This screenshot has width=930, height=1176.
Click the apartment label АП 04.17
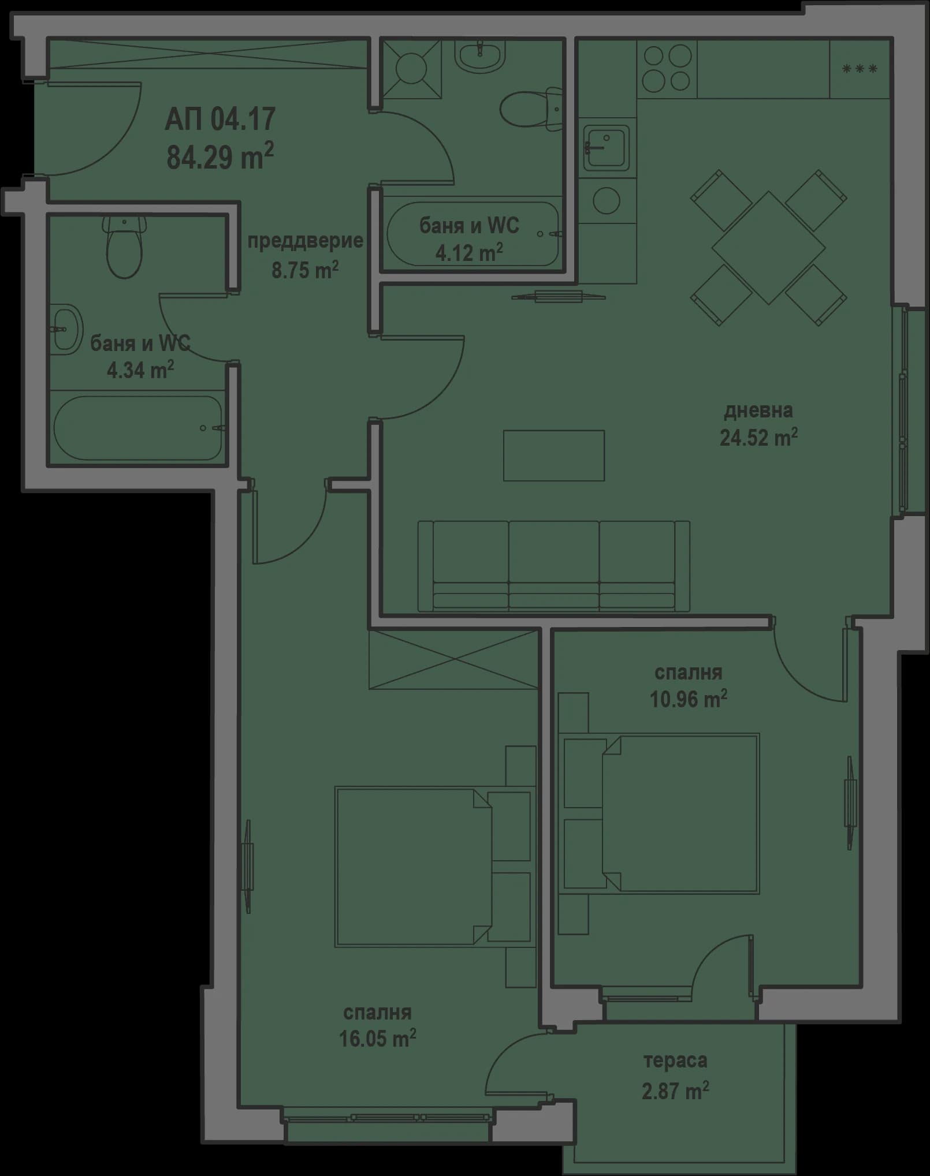pyautogui.click(x=220, y=120)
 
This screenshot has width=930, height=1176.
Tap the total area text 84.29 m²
pyautogui.click(x=220, y=156)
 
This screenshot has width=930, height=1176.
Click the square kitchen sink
pyautogui.click(x=606, y=148)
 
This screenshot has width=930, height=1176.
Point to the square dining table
pyautogui.click(x=769, y=248)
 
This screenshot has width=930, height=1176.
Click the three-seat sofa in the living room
pyautogui.click(x=553, y=566)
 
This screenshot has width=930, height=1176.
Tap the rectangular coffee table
pyautogui.click(x=553, y=456)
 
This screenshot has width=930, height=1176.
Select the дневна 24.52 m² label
pyautogui.click(x=758, y=425)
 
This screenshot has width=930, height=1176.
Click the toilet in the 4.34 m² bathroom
pyautogui.click(x=124, y=247)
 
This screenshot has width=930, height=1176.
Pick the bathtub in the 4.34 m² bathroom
pyautogui.click(x=139, y=428)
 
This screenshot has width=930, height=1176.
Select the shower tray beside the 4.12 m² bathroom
pyautogui.click(x=411, y=68)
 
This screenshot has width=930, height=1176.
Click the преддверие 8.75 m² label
pyautogui.click(x=305, y=255)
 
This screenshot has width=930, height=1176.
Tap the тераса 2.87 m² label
pyautogui.click(x=675, y=1076)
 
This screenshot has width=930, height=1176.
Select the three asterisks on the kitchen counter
pyautogui.click(x=860, y=69)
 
